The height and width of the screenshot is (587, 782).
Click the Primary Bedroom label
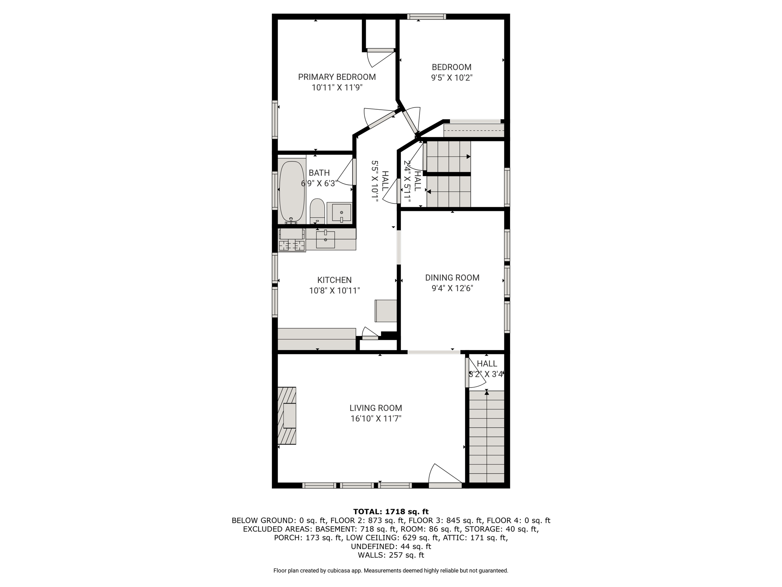(337, 77)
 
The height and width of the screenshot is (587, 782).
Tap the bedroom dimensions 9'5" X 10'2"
(452, 78)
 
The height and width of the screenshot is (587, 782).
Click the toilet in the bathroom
(317, 211)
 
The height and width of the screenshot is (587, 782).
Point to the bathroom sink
(341, 212)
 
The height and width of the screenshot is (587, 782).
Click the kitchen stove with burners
(292, 240)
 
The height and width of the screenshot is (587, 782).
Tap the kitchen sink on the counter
(325, 240)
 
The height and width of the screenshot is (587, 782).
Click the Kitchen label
(334, 280)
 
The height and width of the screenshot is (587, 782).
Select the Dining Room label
(452, 278)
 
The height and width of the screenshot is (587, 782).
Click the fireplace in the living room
(287, 415)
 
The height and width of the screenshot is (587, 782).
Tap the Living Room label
(376, 408)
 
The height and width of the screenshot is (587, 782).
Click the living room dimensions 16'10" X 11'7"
(376, 418)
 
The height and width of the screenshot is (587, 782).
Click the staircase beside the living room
(486, 436)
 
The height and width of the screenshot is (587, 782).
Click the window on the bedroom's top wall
(427, 16)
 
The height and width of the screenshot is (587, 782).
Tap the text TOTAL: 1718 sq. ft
(391, 512)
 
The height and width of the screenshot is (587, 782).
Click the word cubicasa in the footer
(337, 571)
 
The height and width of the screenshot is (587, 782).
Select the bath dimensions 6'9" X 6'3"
(319, 183)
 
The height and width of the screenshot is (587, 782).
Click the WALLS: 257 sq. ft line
(391, 555)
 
